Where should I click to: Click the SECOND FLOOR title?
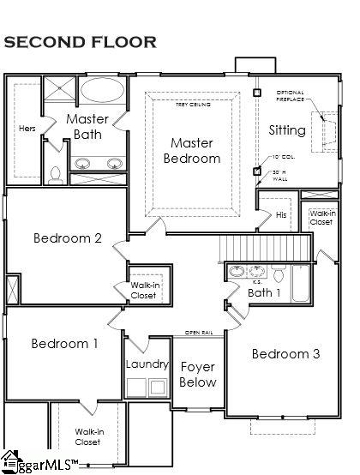(80, 41)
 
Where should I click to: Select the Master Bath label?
(87, 127)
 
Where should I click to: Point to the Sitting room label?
(286, 131)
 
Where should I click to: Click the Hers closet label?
(27, 129)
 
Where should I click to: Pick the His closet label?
(281, 214)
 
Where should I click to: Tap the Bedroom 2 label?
(69, 237)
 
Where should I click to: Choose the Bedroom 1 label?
(64, 344)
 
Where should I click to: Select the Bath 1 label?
(264, 293)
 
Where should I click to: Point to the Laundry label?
(147, 364)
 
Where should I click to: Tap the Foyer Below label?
(198, 375)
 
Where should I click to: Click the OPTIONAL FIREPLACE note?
(290, 95)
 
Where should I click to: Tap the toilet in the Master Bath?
(55, 174)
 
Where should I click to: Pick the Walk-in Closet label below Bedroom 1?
(87, 436)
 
